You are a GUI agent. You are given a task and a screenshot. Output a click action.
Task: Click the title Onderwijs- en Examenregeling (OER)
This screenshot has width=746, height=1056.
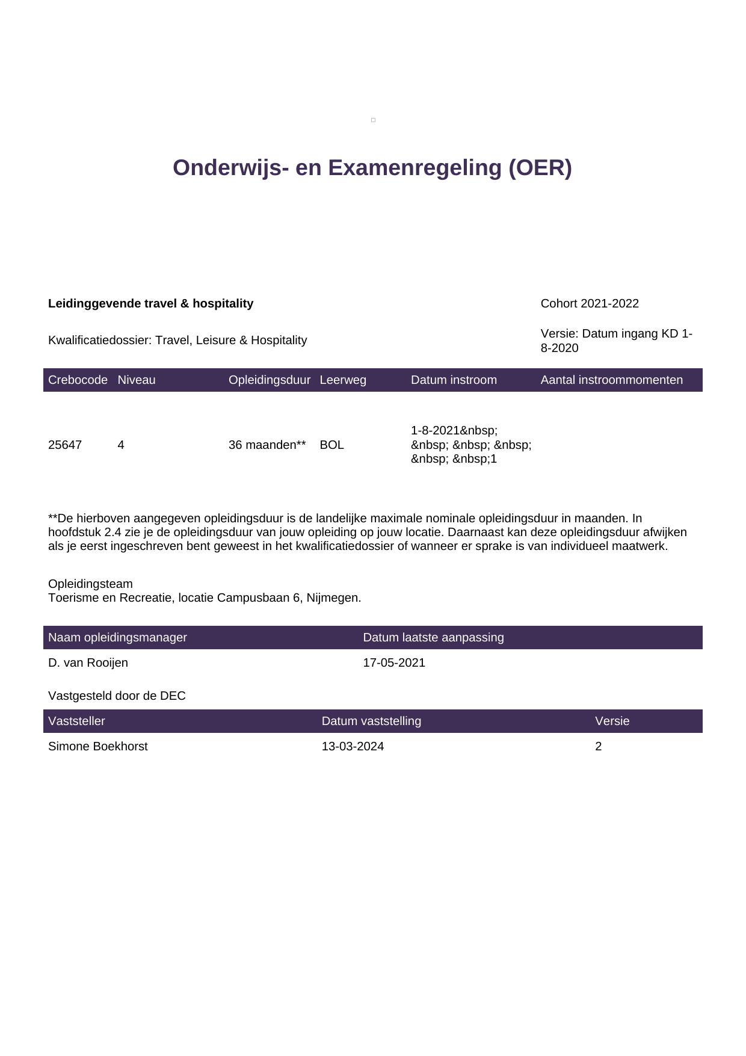372,168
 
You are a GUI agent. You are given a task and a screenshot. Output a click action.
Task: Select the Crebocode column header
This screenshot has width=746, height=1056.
78,380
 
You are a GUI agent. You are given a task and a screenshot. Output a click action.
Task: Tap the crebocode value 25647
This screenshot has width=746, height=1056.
65,445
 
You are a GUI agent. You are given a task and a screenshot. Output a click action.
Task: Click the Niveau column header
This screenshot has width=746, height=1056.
137,380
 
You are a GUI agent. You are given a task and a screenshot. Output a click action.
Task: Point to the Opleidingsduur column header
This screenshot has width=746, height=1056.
269,380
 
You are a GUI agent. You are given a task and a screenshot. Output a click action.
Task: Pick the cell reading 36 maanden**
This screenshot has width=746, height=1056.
267,445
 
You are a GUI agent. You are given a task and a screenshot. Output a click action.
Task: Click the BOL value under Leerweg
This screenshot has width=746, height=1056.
331,445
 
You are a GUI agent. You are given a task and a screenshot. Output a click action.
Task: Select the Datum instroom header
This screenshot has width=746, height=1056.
454,380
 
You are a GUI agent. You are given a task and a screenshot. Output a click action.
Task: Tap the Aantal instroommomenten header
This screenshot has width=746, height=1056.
611,380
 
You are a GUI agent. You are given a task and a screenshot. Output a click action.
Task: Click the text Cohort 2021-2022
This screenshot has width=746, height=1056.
590,304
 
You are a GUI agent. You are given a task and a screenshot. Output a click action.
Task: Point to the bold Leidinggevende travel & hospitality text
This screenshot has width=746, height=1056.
150,304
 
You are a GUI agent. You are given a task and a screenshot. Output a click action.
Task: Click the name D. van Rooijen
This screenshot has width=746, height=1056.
88,663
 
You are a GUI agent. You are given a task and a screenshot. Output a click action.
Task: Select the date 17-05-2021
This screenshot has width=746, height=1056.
394,663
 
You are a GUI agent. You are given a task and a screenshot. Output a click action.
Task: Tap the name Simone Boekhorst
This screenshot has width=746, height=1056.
97,747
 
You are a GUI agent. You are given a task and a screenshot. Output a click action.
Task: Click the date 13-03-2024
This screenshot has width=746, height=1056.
353,747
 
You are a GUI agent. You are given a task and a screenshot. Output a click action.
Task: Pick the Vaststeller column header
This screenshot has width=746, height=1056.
76,721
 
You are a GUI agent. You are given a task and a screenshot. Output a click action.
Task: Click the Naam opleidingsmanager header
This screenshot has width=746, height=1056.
117,638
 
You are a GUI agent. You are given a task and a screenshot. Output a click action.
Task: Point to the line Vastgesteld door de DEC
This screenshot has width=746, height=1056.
117,696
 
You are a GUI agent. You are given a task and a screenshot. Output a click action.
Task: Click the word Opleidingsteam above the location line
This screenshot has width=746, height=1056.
90,584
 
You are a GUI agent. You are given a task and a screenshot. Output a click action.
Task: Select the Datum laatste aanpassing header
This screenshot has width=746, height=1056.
433,638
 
